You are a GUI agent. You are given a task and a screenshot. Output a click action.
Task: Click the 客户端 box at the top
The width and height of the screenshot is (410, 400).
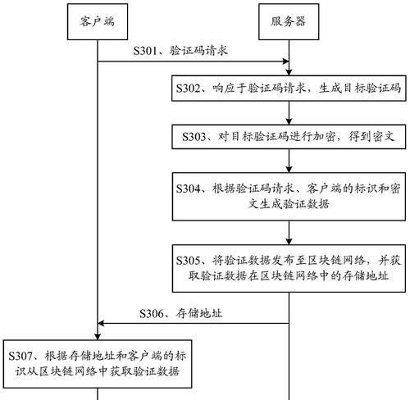[x=98, y=22]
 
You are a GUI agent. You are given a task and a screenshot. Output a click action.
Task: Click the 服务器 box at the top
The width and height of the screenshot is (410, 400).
[x=289, y=22]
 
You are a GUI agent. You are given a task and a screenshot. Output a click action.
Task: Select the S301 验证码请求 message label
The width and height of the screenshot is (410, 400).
[x=180, y=51]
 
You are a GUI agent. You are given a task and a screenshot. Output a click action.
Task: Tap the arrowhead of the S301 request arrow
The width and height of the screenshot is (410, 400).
[x=285, y=61]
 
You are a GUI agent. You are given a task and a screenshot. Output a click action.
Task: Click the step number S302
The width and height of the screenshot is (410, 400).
[x=188, y=89]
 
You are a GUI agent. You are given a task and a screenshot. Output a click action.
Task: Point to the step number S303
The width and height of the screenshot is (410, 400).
[x=194, y=137]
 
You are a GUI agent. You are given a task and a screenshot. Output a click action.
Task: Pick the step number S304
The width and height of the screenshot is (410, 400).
[x=188, y=189]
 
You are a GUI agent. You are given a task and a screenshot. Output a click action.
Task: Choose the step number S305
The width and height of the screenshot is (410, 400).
[x=188, y=261]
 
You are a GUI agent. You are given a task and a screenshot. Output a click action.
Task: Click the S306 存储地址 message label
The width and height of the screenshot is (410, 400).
[x=180, y=313]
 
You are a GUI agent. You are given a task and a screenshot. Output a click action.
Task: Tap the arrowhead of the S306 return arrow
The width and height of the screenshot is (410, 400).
[x=101, y=323]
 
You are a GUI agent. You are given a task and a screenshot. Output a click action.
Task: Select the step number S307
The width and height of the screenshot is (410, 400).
[x=20, y=356]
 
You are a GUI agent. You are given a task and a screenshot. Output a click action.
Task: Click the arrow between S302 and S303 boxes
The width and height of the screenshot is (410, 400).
[x=289, y=113]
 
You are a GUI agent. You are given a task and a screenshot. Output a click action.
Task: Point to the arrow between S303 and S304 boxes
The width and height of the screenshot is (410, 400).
[x=289, y=161]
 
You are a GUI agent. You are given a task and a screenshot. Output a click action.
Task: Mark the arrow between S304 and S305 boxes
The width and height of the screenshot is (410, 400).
[x=289, y=233]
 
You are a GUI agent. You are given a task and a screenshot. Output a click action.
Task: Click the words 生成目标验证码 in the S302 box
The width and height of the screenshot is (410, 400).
[x=360, y=88]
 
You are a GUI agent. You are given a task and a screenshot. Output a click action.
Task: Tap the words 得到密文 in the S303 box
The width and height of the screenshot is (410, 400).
[x=371, y=136]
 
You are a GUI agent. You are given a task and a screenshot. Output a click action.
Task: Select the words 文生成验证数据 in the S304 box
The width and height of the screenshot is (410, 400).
[x=289, y=204]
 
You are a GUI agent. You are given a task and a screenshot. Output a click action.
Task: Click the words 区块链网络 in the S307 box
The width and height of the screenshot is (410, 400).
[x=69, y=371]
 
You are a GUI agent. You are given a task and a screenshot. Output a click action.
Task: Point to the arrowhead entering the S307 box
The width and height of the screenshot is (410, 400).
[x=98, y=337]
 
